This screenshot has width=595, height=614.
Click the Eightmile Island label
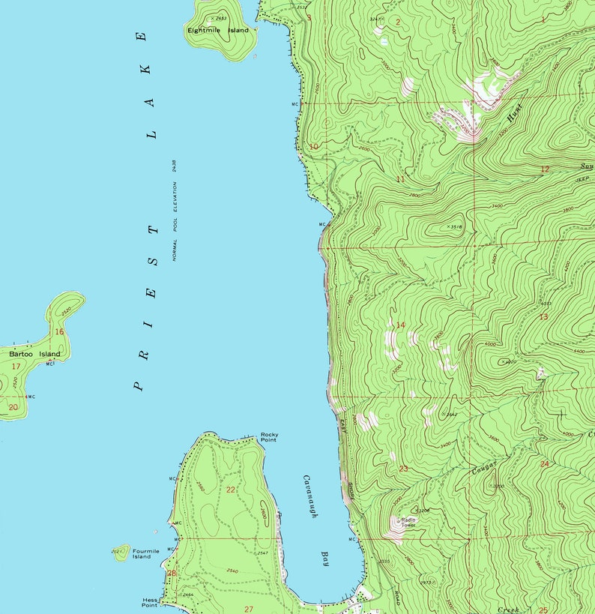click(218, 31)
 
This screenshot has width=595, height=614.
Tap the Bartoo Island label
click(34, 353)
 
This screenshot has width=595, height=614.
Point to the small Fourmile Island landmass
click(120, 553)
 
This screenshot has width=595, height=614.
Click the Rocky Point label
click(269, 437)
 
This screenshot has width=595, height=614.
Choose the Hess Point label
click(150, 602)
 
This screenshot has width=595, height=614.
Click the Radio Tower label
click(408, 523)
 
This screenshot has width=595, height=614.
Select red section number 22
click(231, 490)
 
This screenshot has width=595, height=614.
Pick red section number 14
click(400, 325)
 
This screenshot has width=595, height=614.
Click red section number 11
click(400, 179)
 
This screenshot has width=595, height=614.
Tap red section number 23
click(403, 469)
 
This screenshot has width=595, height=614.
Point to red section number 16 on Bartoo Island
click(59, 331)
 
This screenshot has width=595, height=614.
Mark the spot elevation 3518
click(456, 226)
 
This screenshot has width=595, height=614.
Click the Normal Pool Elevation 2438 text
click(174, 210)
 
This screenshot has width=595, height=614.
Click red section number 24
click(544, 464)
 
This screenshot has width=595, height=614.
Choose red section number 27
click(249, 609)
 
